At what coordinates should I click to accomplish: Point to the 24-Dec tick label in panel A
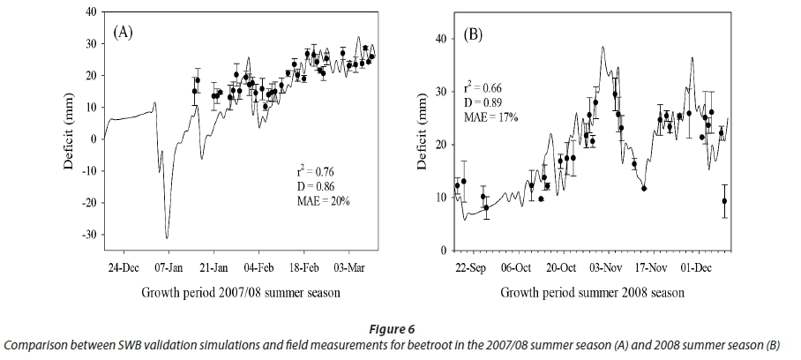tap(124, 266)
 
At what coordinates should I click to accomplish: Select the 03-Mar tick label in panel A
tap(349, 266)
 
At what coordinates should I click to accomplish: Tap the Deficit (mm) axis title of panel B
tap(423, 139)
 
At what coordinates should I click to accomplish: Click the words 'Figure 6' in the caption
tap(400, 327)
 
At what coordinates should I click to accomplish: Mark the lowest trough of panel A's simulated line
tap(167, 237)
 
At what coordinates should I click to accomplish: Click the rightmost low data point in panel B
tap(724, 200)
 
